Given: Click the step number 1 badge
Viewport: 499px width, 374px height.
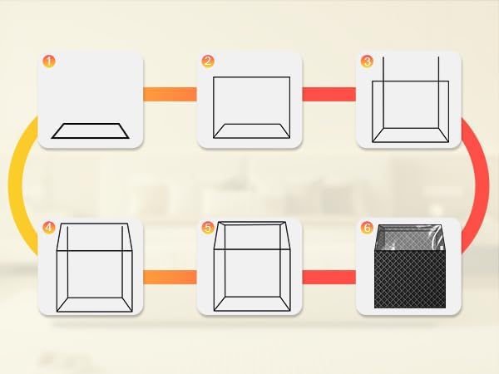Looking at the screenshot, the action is pos(49,61).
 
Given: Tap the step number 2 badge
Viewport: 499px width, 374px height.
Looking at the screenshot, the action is pos(208,61).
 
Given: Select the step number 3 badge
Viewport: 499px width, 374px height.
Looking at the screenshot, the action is pos(367,61).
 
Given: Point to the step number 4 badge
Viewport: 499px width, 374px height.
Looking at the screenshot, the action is pos(49,228).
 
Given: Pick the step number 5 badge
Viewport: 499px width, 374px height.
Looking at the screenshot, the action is pos(208,228).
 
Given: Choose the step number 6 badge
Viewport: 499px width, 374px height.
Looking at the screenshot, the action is pos(367,228).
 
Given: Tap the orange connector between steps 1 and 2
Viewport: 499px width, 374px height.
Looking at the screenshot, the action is pos(170,94).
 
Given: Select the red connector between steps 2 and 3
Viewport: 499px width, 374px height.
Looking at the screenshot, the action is pos(329,94).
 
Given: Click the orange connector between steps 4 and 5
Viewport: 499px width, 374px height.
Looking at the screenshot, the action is pos(170,277).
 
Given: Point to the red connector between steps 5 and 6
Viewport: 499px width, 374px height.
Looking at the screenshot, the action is pos(329,277).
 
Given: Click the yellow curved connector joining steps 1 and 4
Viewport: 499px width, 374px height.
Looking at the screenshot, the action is pos(15,185).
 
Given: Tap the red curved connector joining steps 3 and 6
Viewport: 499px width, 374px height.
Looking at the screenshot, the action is pos(482,185).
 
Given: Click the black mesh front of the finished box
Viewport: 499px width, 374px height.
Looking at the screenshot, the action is pos(410,279).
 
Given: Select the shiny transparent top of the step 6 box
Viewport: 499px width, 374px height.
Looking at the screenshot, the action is pos(410,238).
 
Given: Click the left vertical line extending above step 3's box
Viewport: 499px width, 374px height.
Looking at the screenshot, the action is pos(383,92).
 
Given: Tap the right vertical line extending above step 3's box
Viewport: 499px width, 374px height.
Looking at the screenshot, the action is pos(438,92).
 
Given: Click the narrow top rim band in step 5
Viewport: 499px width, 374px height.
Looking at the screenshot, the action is pos(251,224).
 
